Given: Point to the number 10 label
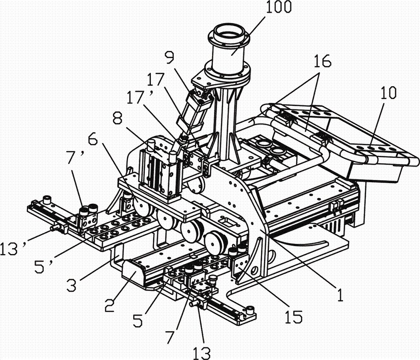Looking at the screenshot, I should pos(388,93).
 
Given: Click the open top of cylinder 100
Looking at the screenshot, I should pos(229,34).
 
